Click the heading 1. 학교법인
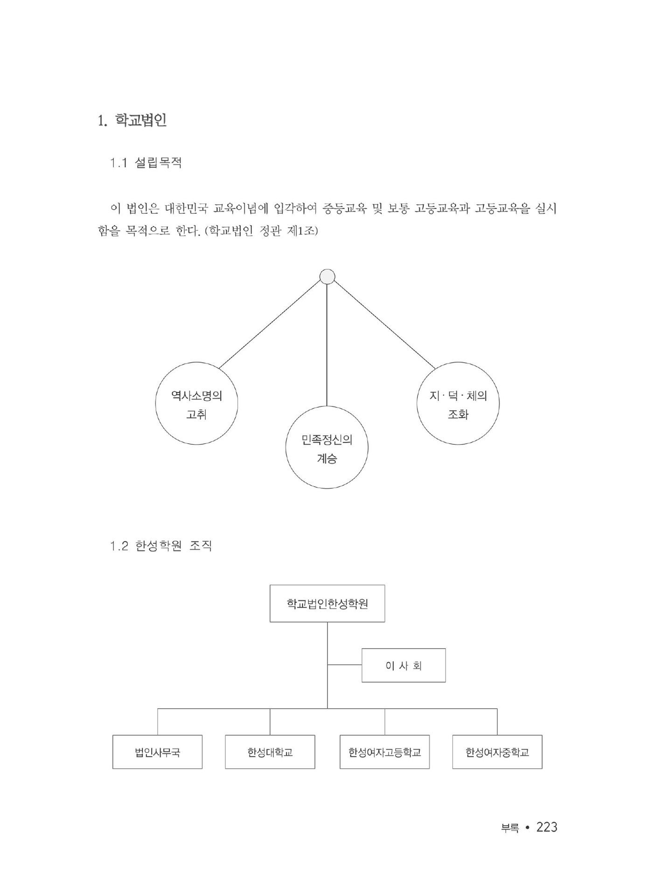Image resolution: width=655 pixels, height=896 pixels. [x=132, y=120]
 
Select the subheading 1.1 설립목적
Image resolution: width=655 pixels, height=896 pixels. [x=146, y=163]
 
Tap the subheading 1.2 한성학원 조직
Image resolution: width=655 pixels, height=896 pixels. [x=161, y=546]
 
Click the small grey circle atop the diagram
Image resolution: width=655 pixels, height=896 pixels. [x=327, y=277]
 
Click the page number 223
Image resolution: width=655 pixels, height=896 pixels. [x=547, y=827]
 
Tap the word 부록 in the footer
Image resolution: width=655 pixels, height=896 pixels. [x=509, y=828]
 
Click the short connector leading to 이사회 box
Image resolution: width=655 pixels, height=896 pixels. [x=344, y=665]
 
